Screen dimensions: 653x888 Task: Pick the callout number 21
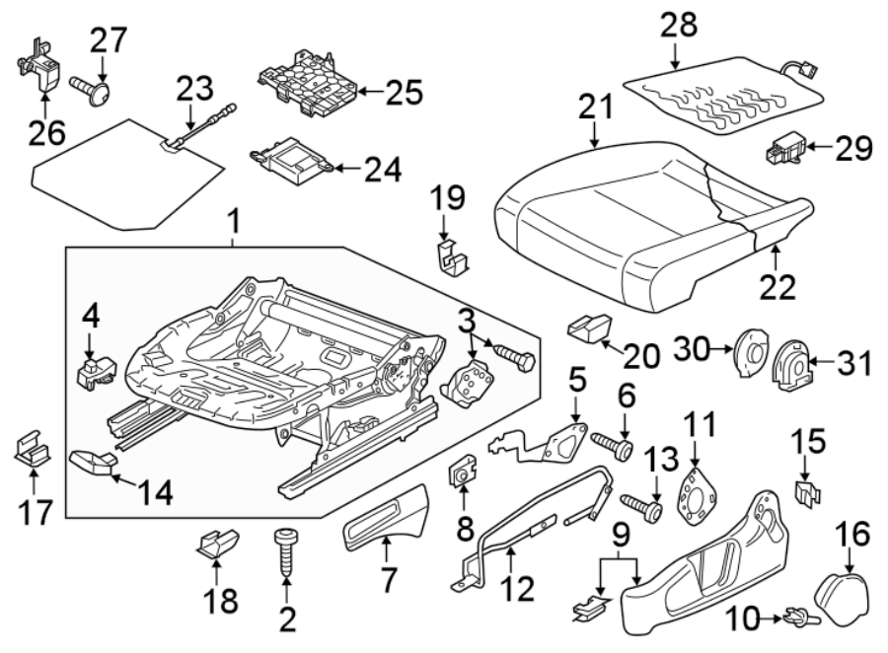tap(596, 107)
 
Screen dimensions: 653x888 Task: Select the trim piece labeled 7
tap(384, 521)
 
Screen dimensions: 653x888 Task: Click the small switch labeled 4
tap(95, 370)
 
